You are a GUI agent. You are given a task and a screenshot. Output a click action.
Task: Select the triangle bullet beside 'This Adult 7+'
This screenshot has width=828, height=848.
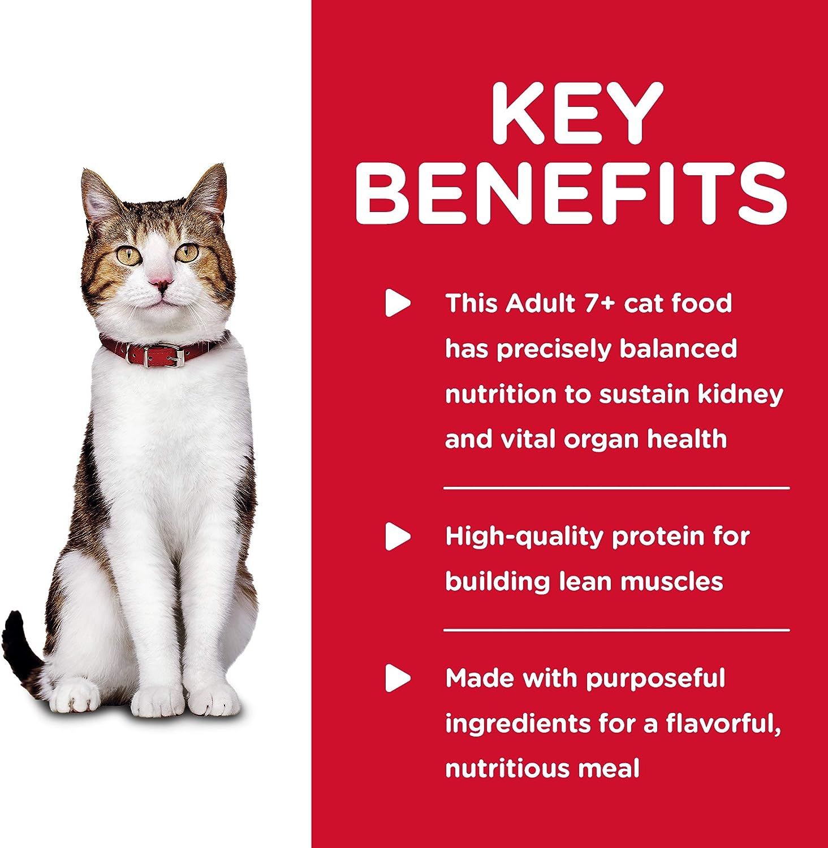(x=398, y=304)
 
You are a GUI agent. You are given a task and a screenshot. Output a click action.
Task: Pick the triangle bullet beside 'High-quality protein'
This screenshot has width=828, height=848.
(x=398, y=537)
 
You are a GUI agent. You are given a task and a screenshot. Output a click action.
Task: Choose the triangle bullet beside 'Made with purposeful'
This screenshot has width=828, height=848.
(x=398, y=678)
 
